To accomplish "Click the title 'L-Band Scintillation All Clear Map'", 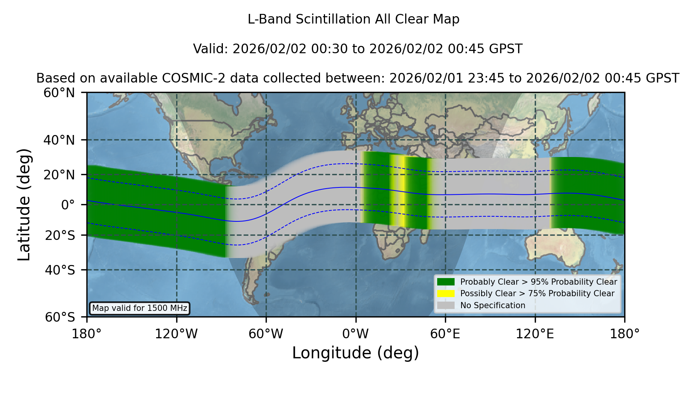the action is click(354, 19).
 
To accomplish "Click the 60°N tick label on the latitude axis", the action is click(59, 93).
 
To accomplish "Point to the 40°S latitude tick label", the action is click(60, 270).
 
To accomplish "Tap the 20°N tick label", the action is click(59, 175).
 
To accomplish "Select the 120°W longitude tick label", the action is click(176, 334).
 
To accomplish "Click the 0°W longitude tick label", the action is click(355, 334).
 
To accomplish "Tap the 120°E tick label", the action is click(535, 334).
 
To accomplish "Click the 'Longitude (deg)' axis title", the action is click(355, 353).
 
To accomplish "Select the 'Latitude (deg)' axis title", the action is click(24, 204).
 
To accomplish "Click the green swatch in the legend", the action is click(446, 282).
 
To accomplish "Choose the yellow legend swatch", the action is click(446, 294).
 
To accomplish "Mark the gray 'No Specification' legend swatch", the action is click(446, 305).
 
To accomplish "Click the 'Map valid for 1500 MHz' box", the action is click(140, 308).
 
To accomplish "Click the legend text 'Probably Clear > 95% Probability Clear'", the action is click(539, 282).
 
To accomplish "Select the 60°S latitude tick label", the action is click(60, 317).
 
